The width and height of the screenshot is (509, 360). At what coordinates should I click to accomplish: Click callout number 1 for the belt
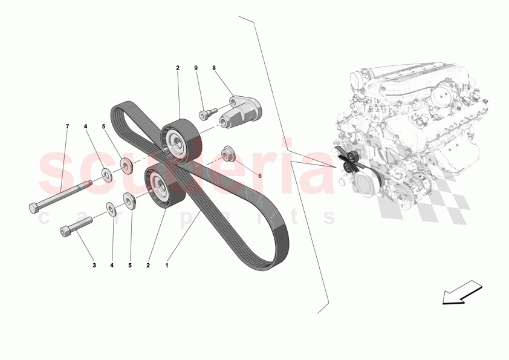pos(167,264)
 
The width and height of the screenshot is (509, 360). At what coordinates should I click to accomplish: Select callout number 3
pos(94,264)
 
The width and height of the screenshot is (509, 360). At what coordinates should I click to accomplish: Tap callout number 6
pos(260,175)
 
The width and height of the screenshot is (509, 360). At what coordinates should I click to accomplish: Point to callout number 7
pos(67,126)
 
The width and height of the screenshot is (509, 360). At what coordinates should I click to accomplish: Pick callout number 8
pos(214,68)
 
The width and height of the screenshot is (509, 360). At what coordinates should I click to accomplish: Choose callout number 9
pos(196,68)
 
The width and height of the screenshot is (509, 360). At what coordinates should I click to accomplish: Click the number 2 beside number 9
pos(178,68)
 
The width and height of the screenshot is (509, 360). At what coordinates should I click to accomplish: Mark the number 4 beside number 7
pos(85,126)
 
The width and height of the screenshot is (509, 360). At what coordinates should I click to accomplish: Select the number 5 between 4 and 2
pos(130,264)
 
